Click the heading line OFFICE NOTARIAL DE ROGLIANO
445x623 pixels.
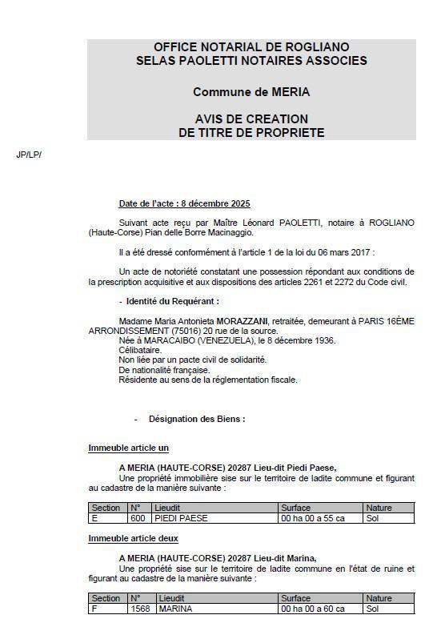251,47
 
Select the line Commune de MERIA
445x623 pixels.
251,92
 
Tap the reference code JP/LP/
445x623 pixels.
28,154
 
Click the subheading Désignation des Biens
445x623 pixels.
197,419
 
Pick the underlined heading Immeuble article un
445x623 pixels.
128,448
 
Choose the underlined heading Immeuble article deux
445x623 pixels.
133,539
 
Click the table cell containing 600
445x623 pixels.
138,519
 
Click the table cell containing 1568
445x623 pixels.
139,609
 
